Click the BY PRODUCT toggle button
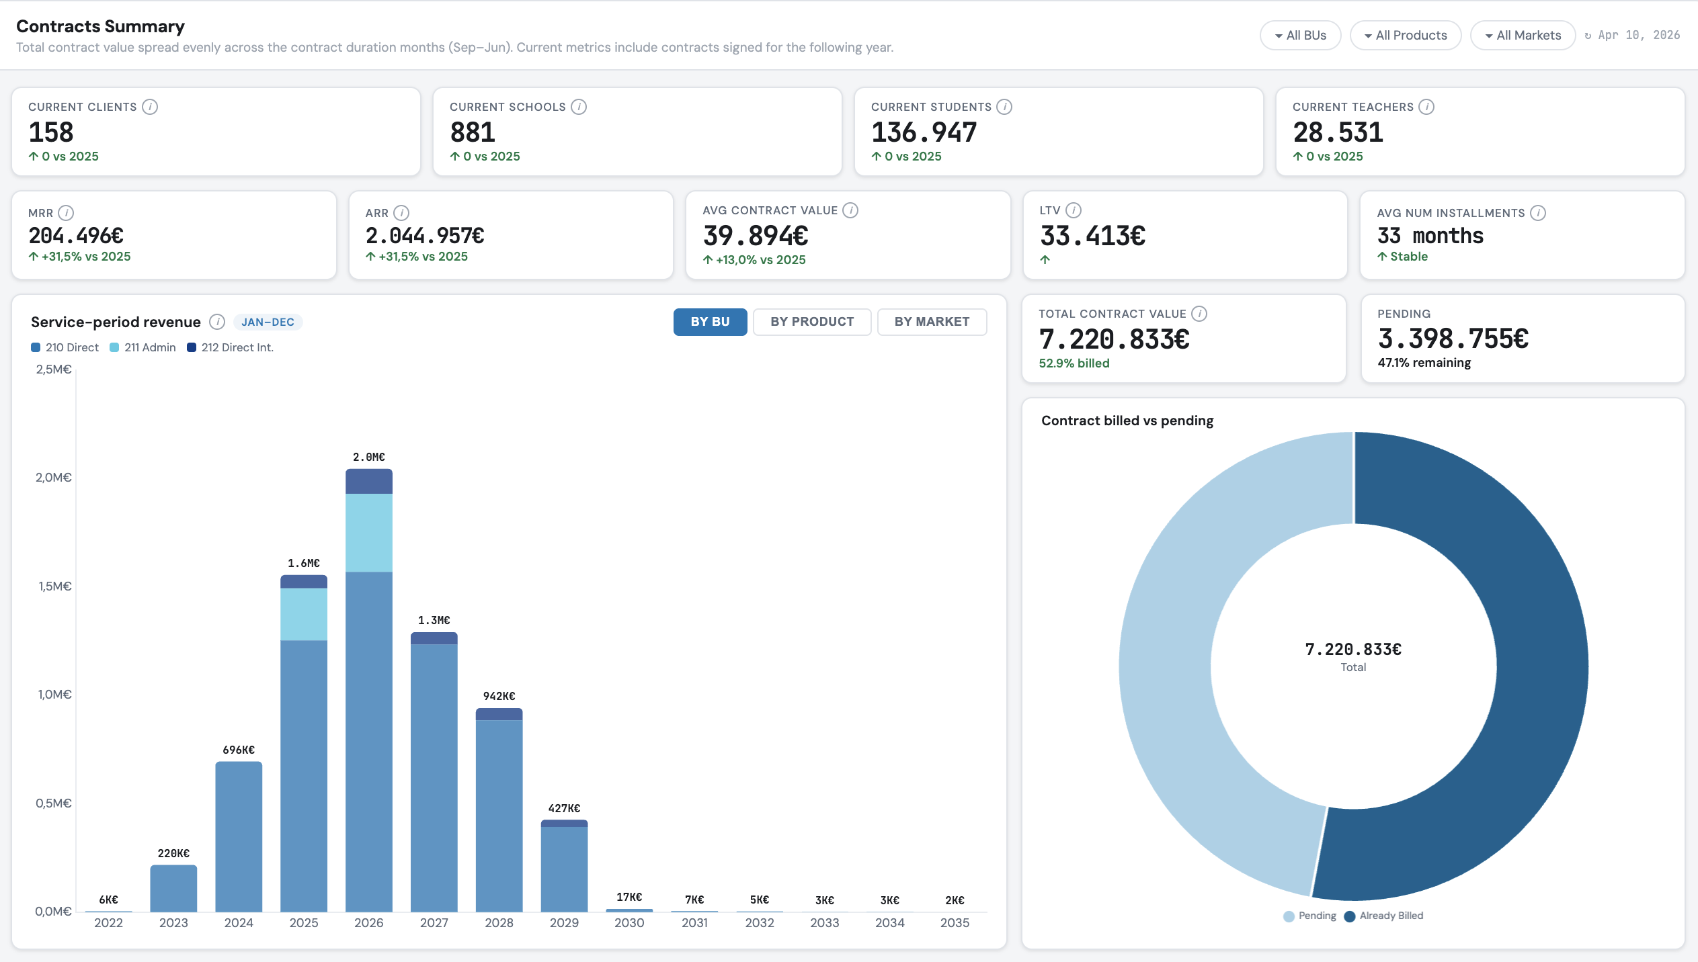811,322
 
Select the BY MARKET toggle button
931,322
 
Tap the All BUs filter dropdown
1300,36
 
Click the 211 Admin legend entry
143,347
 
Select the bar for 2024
239,836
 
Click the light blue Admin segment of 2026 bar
368,532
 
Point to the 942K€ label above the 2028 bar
499,696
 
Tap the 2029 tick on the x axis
564,923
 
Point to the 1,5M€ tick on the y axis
54,586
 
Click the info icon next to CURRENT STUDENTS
1004,107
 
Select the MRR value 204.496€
76,236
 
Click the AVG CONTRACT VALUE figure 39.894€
756,236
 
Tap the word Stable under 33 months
1408,257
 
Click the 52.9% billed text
1074,363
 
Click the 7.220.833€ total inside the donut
1352,649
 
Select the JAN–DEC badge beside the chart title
268,322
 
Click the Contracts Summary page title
100,26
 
